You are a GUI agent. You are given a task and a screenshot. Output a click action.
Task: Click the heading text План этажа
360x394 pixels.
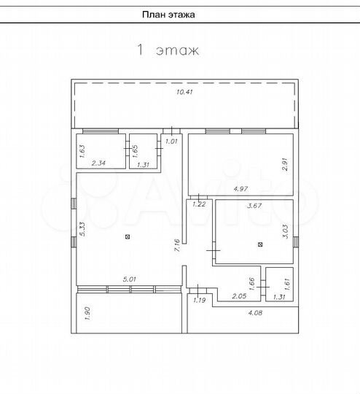(168, 15)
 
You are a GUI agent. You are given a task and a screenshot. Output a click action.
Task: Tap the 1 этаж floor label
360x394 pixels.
(168, 50)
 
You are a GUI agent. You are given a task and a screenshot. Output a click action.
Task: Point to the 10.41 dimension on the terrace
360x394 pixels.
(185, 92)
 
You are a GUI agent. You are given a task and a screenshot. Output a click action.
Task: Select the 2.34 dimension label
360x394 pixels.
(98, 163)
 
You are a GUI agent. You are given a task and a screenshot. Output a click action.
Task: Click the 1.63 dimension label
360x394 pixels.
(82, 151)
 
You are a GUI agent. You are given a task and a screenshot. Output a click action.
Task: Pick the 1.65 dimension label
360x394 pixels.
(135, 151)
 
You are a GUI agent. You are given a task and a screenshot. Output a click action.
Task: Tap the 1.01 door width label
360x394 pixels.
(171, 142)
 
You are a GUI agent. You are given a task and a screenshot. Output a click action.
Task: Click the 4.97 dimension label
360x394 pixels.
(240, 189)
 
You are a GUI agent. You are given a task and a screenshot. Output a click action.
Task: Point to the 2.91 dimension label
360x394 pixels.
(286, 165)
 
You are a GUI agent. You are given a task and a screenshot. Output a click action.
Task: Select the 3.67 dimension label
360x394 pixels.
(254, 206)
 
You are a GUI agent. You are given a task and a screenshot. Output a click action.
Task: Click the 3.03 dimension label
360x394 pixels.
(286, 231)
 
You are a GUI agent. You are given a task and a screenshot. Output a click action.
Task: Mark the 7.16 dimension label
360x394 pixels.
(177, 245)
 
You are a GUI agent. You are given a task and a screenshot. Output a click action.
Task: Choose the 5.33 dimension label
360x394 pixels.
(82, 229)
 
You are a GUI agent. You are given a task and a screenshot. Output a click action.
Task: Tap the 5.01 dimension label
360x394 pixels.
(130, 279)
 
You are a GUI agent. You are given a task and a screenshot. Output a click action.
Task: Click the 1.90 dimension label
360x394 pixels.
(87, 313)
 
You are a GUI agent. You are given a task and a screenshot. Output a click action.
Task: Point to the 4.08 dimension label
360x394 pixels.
(255, 313)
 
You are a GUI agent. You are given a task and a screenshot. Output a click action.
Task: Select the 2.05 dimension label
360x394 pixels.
(239, 296)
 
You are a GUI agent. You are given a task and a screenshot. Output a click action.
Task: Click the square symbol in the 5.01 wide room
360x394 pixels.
(128, 236)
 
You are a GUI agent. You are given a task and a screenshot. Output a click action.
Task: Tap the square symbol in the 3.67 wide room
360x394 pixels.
(260, 244)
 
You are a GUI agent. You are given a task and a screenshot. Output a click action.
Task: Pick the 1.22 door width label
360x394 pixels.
(199, 204)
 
